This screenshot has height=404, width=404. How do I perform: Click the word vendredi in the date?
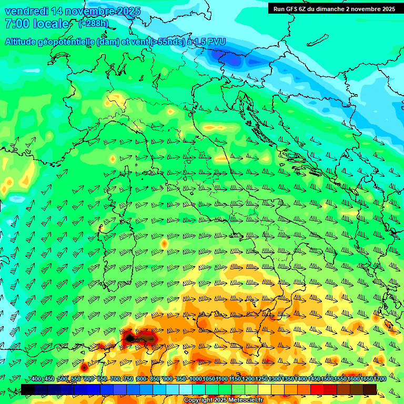26,12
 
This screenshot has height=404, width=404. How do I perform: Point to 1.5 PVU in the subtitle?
206,42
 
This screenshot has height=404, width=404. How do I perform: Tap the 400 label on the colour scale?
36,379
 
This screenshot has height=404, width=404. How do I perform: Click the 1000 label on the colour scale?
195,379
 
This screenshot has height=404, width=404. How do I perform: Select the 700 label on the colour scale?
115,379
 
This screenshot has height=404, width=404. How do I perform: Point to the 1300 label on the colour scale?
274,379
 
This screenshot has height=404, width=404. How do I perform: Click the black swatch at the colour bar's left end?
28,389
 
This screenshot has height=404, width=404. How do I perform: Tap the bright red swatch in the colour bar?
317,389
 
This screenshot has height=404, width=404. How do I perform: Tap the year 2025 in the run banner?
387,9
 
